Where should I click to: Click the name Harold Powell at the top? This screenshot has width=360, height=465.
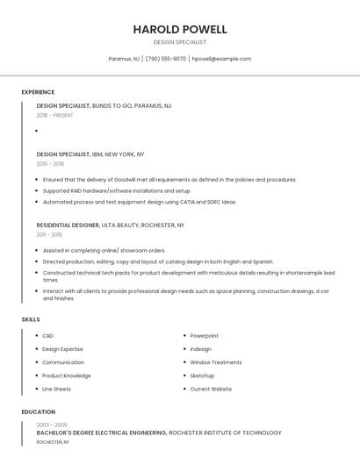click(180, 29)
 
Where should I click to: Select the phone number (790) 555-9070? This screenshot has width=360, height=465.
click(166, 59)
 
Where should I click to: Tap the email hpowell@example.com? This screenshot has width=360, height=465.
click(221, 59)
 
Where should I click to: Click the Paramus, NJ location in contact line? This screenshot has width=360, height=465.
click(124, 59)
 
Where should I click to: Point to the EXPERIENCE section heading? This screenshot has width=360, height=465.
click(38, 92)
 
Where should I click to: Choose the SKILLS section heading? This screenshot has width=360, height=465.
click(31, 319)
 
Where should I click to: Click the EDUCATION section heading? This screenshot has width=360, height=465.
click(38, 411)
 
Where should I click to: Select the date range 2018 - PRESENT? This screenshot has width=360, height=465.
click(55, 115)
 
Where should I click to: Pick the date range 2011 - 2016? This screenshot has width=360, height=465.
click(49, 235)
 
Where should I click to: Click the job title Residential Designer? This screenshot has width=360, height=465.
click(68, 225)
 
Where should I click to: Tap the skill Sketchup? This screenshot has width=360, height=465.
click(202, 376)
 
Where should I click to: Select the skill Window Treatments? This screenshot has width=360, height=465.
click(216, 362)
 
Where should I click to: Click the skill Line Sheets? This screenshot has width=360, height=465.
click(56, 389)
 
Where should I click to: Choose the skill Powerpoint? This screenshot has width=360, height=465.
click(205, 336)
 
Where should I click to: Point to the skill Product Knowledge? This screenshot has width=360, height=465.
click(67, 376)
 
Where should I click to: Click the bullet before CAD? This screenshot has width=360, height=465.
click(35, 336)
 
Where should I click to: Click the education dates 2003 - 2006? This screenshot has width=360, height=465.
click(52, 424)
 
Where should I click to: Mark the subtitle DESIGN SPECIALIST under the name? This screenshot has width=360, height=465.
click(180, 42)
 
